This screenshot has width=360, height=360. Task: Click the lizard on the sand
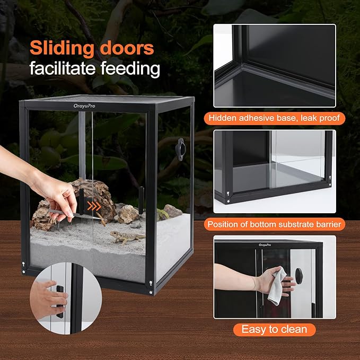(x=127, y=237)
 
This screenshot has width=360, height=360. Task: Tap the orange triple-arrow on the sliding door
(x=94, y=206)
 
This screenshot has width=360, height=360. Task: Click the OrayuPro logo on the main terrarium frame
(x=84, y=106)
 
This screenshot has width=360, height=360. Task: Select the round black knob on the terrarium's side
(x=180, y=149)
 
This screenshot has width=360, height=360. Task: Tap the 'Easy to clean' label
(x=274, y=329)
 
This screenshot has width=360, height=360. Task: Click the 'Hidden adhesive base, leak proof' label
(x=274, y=118)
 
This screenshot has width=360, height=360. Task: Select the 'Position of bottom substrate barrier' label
(x=274, y=224)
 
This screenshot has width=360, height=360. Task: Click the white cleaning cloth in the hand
(x=277, y=286)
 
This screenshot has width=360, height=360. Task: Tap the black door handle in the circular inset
(x=60, y=302)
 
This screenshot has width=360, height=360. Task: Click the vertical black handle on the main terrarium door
(x=141, y=200)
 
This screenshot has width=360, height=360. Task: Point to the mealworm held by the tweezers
(x=101, y=218)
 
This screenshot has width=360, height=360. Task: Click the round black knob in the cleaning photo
(x=299, y=275)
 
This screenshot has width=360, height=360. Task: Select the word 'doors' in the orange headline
(x=127, y=48)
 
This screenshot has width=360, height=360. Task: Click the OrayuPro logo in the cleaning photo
(x=265, y=245)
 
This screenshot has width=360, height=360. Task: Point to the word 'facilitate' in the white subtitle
(x=63, y=68)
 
